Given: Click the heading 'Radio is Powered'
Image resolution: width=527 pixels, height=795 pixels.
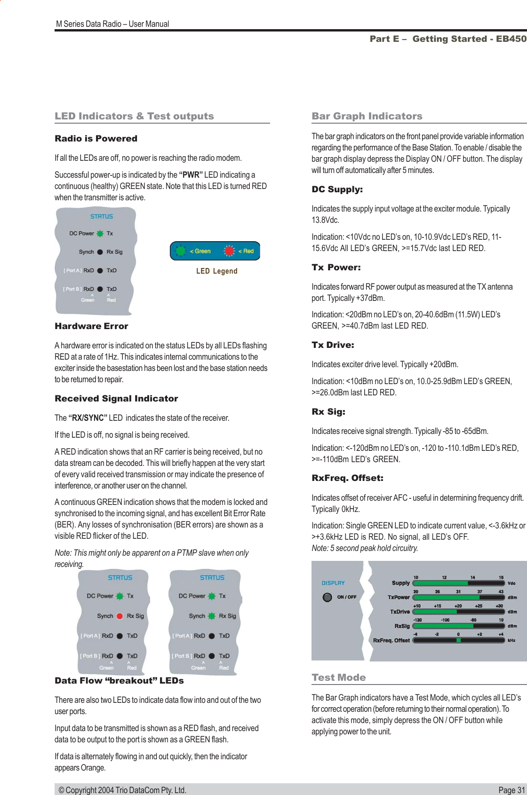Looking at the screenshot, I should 96,139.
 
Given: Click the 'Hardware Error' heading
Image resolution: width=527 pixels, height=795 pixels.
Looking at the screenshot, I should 91,326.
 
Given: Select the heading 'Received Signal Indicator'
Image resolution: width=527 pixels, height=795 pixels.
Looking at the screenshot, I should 116,399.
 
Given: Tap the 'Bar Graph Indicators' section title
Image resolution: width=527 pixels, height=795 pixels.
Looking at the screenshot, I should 367,116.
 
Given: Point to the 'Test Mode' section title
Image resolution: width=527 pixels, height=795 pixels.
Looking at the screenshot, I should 338,677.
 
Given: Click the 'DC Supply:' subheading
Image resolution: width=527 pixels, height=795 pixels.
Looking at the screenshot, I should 337,190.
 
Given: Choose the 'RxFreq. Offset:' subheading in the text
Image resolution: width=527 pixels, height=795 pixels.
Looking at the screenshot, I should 347,479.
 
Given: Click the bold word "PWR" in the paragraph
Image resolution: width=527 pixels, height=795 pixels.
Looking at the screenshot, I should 191,175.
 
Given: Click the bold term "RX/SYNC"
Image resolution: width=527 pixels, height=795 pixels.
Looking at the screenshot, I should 88,418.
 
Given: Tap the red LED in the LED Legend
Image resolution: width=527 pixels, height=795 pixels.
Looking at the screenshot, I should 229,251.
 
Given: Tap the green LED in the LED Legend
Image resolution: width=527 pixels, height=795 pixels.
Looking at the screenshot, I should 180,251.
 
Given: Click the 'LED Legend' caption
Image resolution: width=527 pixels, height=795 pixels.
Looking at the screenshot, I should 216,271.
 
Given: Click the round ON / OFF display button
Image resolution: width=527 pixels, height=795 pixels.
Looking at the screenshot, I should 327,598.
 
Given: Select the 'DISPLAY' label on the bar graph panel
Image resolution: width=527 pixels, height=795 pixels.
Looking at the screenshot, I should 333,583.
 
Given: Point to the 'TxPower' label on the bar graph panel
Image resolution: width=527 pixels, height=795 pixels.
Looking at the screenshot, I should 399,597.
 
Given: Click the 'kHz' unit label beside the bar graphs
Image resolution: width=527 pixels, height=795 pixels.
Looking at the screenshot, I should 511,640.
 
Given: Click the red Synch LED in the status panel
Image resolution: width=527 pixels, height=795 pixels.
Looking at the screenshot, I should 120,616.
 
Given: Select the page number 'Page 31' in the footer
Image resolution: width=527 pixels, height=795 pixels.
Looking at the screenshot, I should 511,790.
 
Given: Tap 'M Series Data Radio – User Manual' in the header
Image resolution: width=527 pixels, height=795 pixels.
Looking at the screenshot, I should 112,24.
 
